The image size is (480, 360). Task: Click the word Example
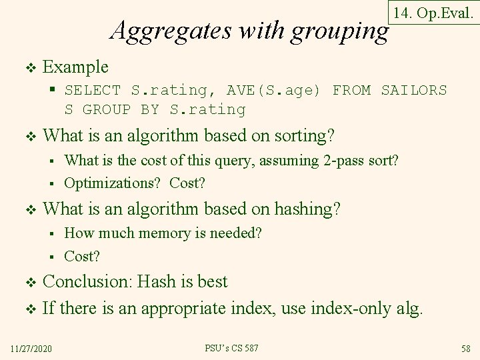pos(75,67)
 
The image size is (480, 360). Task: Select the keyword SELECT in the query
pos(93,90)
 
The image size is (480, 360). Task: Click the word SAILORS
pos(414,90)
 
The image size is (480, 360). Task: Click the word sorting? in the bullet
pos(299,136)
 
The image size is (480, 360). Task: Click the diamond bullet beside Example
pos(28,67)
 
